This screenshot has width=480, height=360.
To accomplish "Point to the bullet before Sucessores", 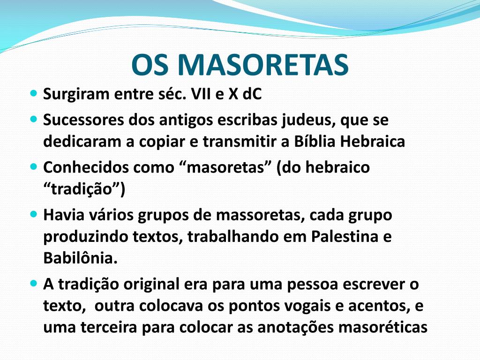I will pyautogui.click(x=33, y=120).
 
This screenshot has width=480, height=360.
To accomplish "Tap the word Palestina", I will pyautogui.click(x=344, y=237).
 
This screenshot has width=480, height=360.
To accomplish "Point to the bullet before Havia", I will pyautogui.click(x=33, y=214).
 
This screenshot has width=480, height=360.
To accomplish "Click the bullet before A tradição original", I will pyautogui.click(x=33, y=284).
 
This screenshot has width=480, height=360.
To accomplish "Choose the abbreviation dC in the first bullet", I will pyautogui.click(x=252, y=94).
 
